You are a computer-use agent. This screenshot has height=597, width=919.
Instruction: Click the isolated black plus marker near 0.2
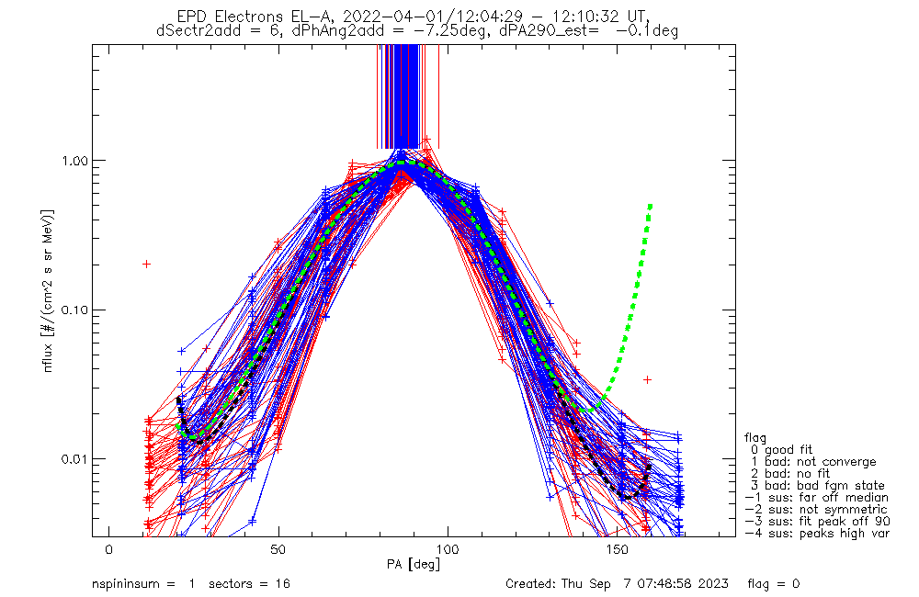click(146, 264)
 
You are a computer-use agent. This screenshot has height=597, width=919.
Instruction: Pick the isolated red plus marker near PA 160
click(647, 378)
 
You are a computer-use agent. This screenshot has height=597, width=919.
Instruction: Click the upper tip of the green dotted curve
click(651, 204)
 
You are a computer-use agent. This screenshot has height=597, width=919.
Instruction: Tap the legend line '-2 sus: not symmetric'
click(816, 510)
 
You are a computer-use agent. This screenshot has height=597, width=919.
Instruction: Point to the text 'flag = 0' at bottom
click(774, 584)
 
